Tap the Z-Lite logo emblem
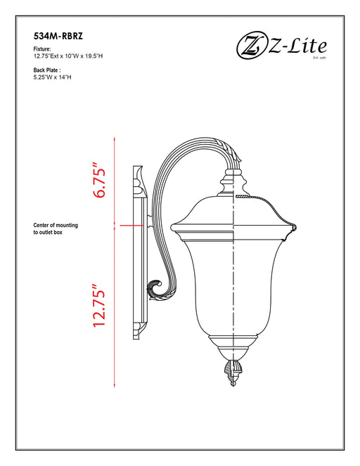[x=249, y=47]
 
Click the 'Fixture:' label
[x=42, y=49]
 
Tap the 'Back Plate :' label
[x=48, y=70]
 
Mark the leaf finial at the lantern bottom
[x=233, y=370]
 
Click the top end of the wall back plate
[x=138, y=171]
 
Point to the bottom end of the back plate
[x=139, y=328]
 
